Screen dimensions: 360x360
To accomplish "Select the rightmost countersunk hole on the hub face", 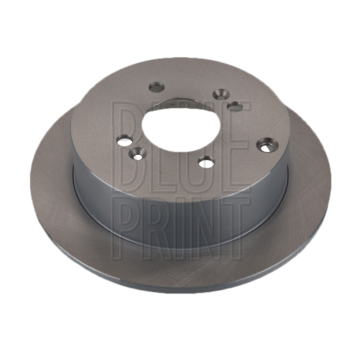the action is coord(267,144).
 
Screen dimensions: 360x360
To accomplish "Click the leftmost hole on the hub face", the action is coord(125,139).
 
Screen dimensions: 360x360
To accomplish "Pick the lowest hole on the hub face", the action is coord(207,162).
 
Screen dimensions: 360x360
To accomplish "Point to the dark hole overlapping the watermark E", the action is coord(234,106).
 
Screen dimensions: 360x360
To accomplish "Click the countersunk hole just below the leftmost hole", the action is coord(138,153).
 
